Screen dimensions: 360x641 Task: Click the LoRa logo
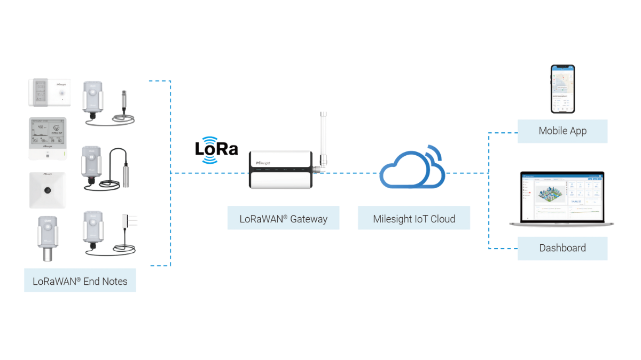click(216, 148)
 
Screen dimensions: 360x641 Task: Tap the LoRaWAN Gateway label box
click(283, 218)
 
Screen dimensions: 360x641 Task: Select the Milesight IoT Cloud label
click(414, 218)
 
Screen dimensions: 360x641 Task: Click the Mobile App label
click(562, 131)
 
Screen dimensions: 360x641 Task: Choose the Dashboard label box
click(562, 248)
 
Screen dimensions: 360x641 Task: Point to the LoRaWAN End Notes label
click(80, 281)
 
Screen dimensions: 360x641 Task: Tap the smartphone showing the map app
click(562, 89)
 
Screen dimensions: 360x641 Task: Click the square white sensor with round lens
click(47, 190)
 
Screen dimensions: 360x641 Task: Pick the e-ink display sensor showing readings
click(47, 138)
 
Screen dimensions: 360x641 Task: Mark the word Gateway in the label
click(309, 218)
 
